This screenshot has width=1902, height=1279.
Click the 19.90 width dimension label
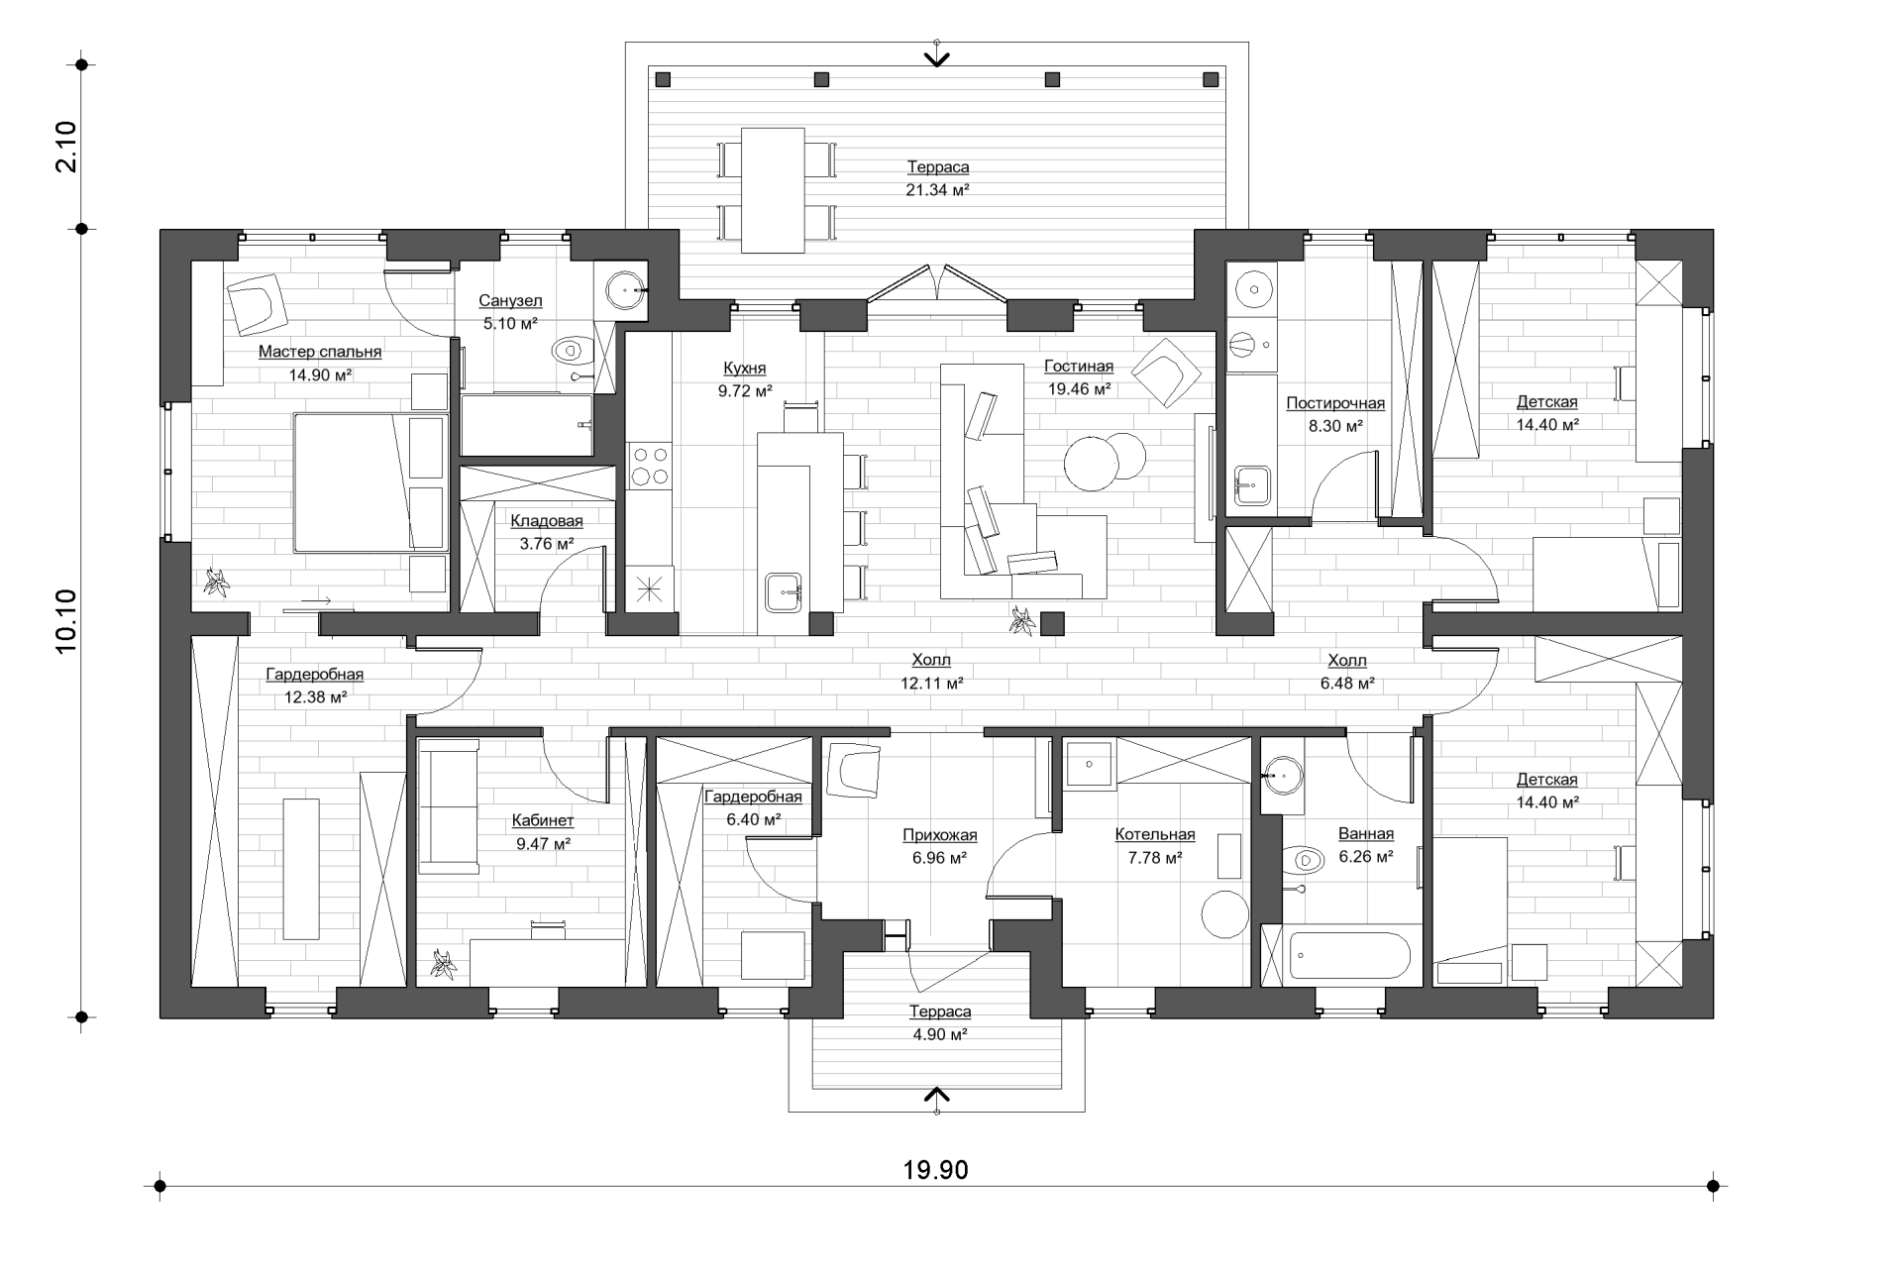point(935,1170)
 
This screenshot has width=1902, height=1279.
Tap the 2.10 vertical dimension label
point(65,147)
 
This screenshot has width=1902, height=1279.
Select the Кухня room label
point(745,369)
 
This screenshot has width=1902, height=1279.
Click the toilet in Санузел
point(572,351)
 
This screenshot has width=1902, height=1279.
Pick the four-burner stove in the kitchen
point(649,466)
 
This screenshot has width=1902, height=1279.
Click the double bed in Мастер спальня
point(370,482)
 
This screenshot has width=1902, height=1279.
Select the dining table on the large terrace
point(773,190)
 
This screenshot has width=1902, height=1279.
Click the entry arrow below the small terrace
point(936,1095)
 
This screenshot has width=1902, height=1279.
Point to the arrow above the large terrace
point(936,57)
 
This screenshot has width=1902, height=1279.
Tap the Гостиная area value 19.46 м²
point(1079,389)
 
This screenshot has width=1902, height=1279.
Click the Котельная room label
point(1154,835)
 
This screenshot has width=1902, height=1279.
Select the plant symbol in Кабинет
point(443,965)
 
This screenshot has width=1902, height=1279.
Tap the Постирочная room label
point(1335,403)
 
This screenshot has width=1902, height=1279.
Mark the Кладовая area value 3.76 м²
point(547,544)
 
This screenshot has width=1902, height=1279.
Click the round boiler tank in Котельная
point(1224,915)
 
